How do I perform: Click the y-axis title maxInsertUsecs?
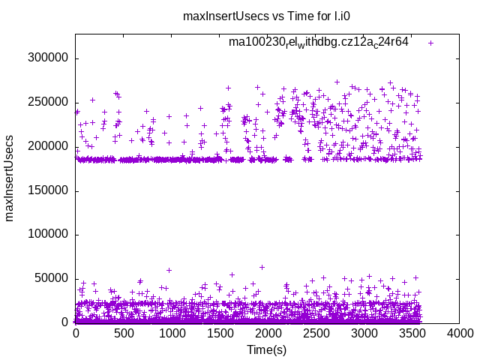10,178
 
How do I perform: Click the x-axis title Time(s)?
267,349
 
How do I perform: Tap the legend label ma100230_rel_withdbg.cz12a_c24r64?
319,42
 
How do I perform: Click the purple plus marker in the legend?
430,43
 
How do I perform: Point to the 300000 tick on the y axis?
49,58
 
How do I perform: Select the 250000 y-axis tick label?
49,102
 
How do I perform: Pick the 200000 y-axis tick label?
49,146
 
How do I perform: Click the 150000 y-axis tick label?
49,190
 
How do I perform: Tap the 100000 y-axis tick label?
49,234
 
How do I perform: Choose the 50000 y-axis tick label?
52,278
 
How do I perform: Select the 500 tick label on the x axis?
124,334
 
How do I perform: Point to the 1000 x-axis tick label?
172,334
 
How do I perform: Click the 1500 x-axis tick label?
220,334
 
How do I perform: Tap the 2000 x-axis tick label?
268,334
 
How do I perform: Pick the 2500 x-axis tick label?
316,334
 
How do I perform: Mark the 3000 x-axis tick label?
364,334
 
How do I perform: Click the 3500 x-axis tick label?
412,334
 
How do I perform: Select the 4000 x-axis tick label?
460,334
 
